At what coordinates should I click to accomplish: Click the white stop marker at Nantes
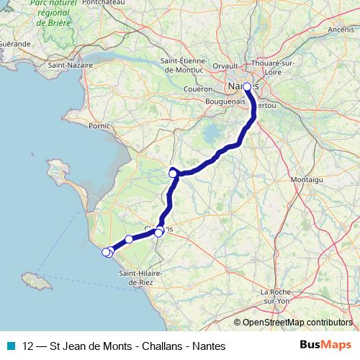pos(247,86)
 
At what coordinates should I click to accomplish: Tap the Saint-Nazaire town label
pos(69,65)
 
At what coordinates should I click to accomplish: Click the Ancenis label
pos(341,30)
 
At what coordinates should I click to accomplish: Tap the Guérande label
pos(14,44)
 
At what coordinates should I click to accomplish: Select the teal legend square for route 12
pos(10,346)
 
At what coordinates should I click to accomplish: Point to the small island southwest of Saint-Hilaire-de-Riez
pos(32,278)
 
